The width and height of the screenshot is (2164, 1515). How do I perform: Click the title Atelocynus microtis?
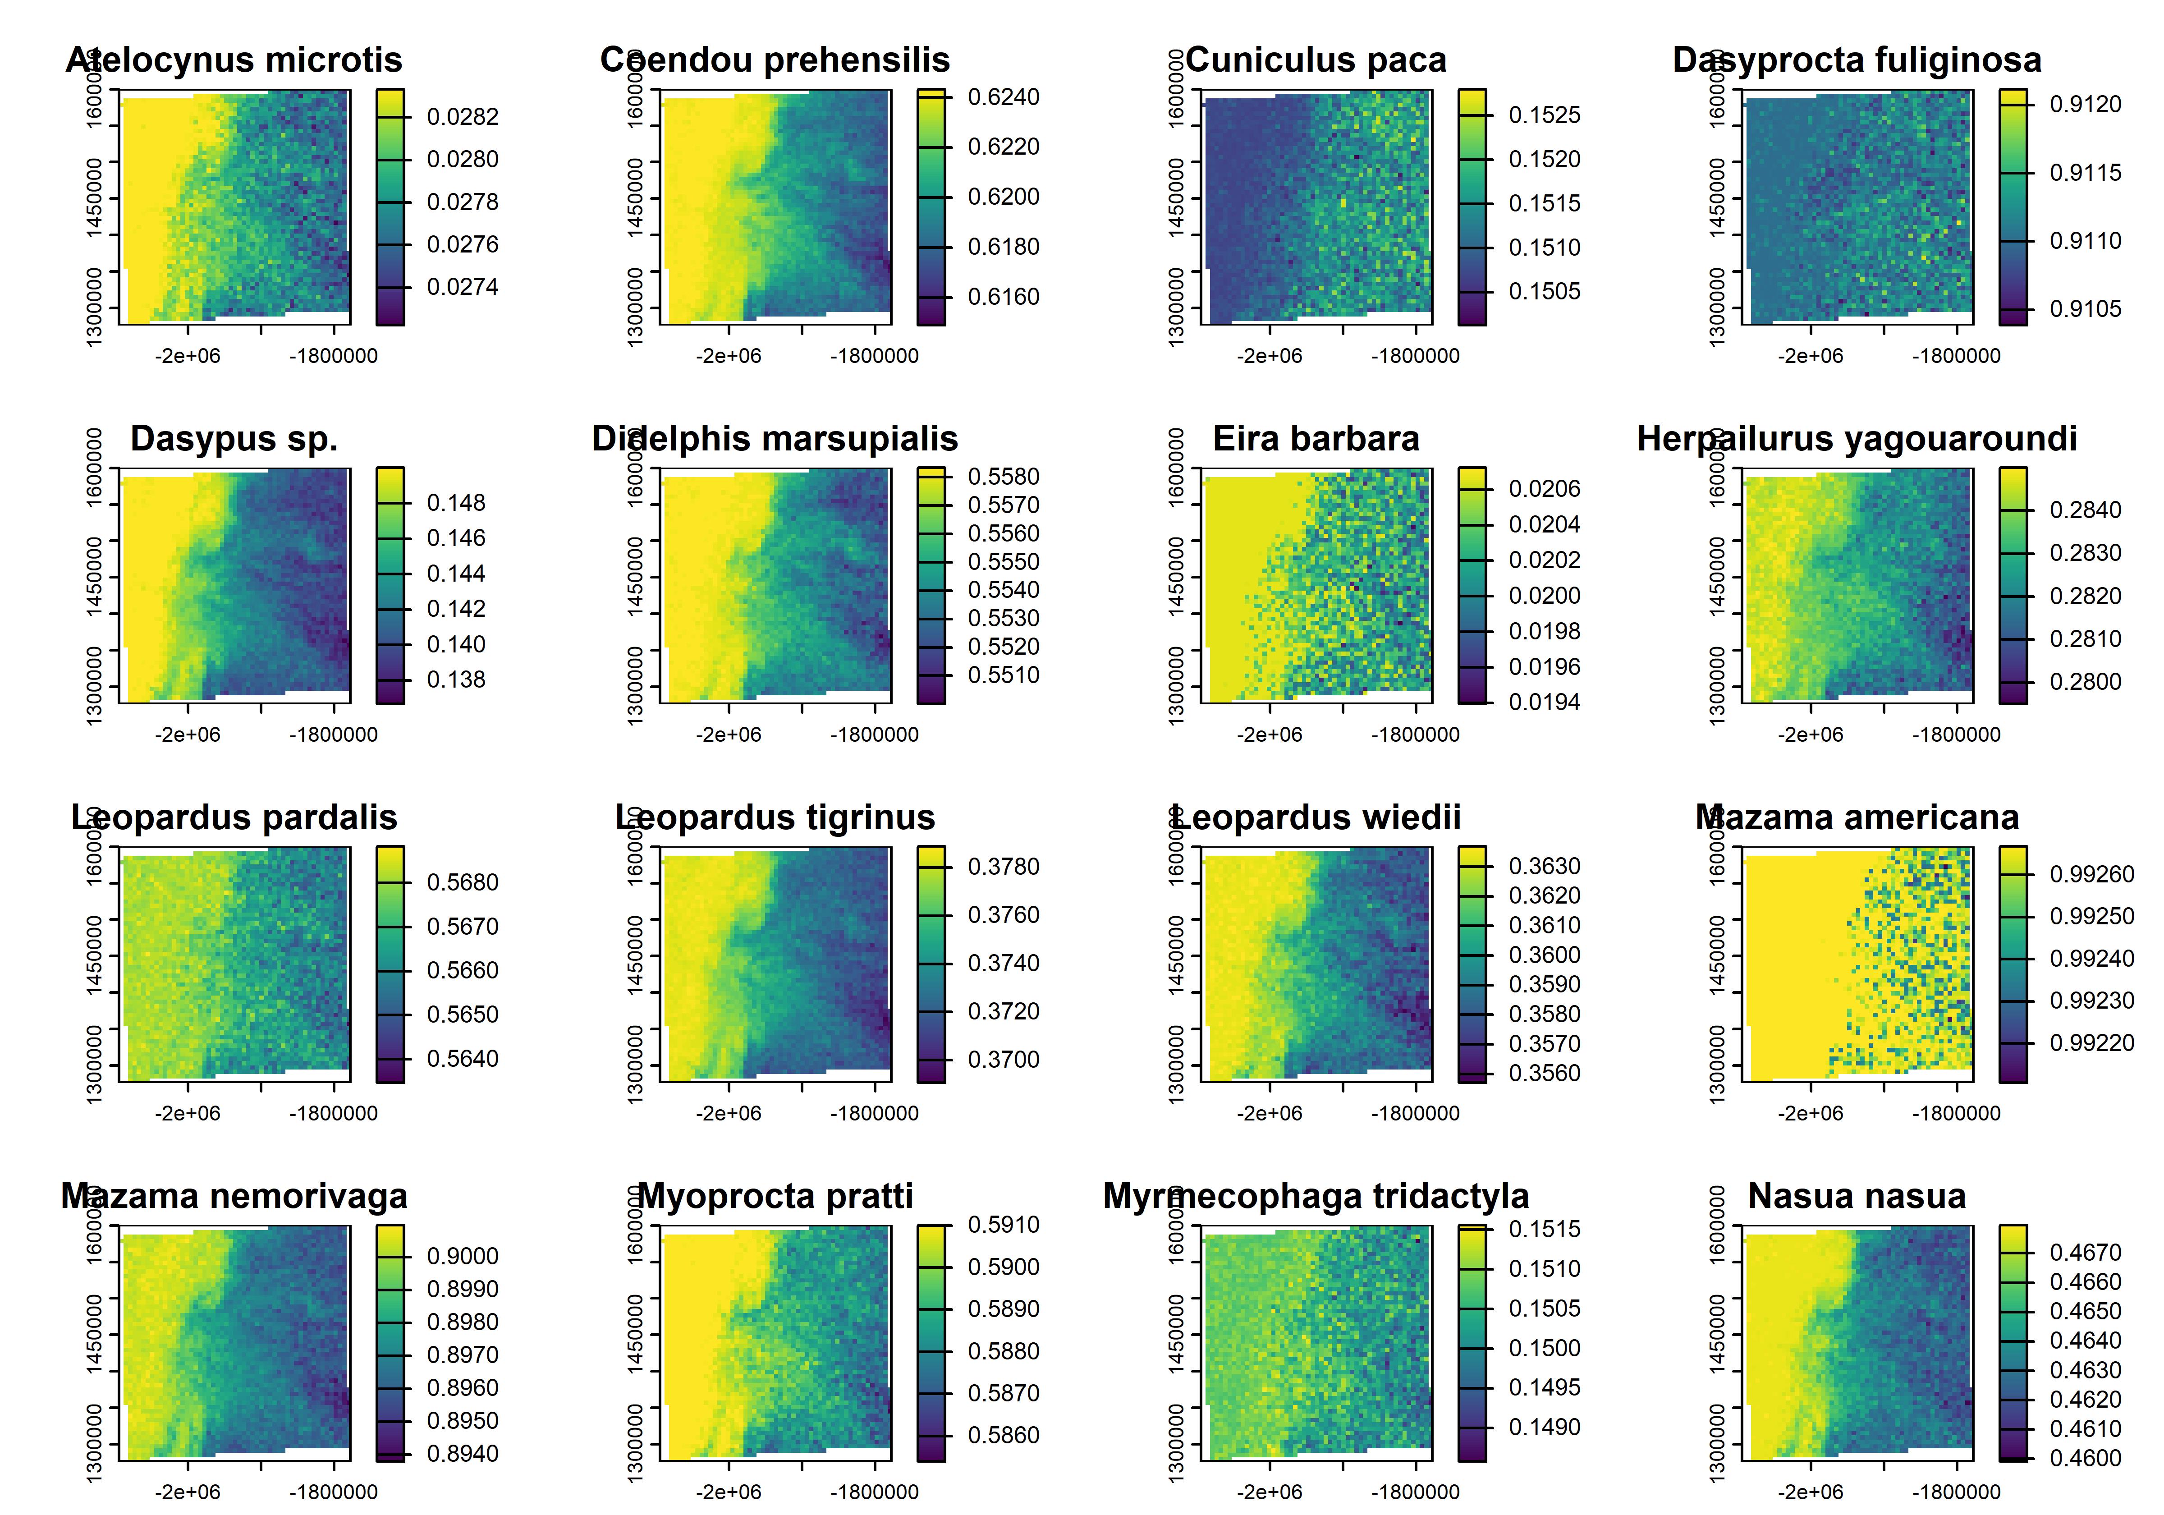[234, 60]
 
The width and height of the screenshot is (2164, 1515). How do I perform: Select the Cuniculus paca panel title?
[1316, 60]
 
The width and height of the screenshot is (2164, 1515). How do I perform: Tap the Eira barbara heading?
[1316, 439]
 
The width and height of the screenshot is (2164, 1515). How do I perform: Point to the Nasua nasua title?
[1857, 1196]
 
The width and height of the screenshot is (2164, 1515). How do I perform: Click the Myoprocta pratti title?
[775, 1196]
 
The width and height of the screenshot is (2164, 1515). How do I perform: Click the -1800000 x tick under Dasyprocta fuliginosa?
[1956, 356]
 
